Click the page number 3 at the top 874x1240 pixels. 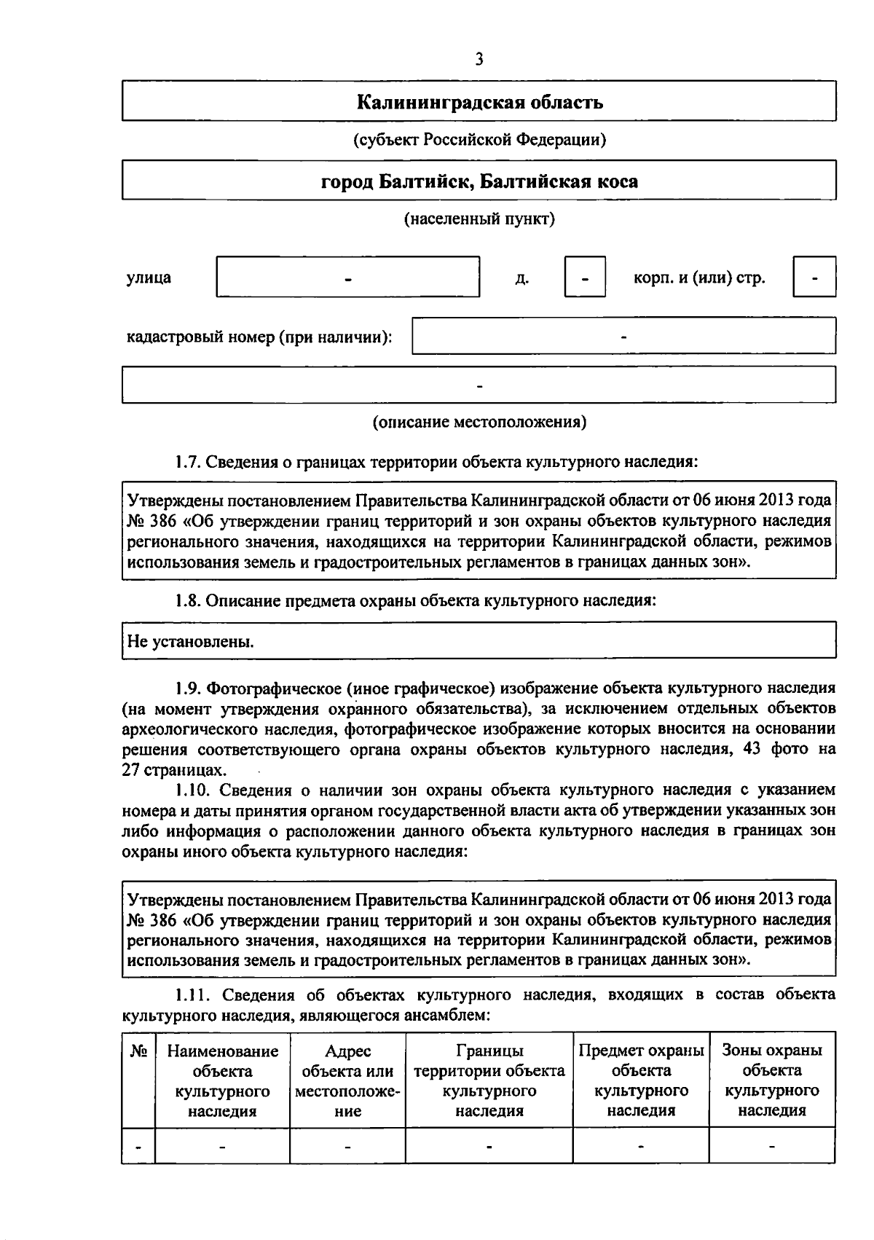(479, 60)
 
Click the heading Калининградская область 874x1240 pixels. (479, 101)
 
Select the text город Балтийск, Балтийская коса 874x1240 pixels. (479, 181)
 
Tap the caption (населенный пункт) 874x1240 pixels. (479, 219)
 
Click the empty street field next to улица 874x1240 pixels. (348, 277)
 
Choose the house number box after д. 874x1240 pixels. (585, 277)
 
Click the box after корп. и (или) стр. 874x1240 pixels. (814, 277)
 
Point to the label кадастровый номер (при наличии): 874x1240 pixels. (259, 337)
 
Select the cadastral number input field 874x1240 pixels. (623, 336)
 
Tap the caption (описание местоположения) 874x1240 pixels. (479, 422)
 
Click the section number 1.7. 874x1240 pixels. (187, 461)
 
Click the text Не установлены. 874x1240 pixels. (191, 642)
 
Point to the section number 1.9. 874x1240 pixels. (187, 688)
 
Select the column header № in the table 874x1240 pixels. (138, 1051)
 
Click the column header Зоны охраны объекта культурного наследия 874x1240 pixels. (771, 1080)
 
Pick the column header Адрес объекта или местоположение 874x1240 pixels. (347, 1080)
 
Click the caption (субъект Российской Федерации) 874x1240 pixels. (479, 139)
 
